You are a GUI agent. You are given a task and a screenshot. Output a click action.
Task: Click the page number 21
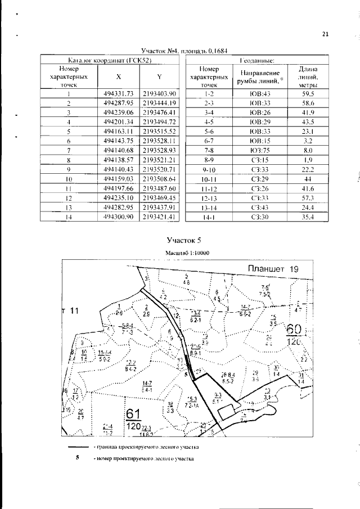tap(325, 34)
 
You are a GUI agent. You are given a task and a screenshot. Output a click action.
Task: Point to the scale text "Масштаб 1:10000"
tap(187, 254)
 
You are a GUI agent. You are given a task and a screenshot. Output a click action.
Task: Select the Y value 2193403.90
tap(160, 93)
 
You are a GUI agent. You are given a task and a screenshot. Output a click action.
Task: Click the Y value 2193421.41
tap(160, 215)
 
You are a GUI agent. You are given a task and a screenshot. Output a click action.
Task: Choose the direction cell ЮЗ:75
tap(260, 166)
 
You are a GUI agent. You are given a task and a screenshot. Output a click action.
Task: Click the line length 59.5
tap(307, 93)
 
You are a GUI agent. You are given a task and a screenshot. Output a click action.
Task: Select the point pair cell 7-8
tap(209, 166)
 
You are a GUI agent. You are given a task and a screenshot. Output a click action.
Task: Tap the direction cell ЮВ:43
tap(260, 93)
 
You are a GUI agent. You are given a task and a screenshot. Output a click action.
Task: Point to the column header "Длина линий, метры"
tap(307, 76)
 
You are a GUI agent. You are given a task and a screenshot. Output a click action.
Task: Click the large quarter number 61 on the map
tap(133, 415)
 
